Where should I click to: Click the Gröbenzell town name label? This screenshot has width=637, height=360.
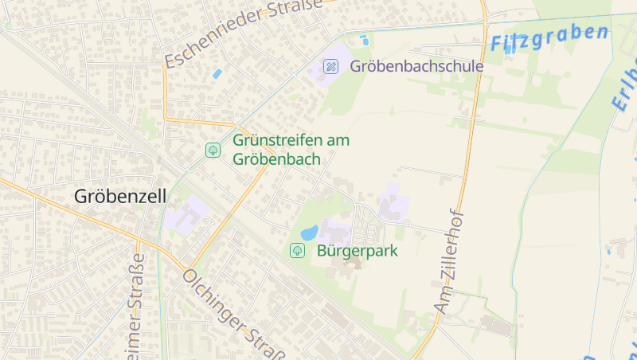pos(120,196)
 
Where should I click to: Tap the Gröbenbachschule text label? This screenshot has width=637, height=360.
pos(416,66)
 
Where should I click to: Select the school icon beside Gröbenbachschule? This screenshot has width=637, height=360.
pos(330,65)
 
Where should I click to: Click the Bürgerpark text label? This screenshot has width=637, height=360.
pos(358,251)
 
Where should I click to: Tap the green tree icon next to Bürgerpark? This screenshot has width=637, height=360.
pos(297,251)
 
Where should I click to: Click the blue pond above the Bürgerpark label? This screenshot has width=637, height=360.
pos(309,233)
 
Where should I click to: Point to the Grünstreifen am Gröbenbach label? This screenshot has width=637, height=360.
pos(291,149)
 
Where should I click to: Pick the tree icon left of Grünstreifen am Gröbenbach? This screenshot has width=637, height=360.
pos(213,149)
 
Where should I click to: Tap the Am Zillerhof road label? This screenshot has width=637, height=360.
pos(449,260)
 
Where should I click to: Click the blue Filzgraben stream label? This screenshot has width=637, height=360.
pos(549,37)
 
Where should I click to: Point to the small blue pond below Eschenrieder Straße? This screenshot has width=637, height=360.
pos(217,73)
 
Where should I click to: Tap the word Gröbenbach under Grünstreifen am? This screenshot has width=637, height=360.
pos(276,159)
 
